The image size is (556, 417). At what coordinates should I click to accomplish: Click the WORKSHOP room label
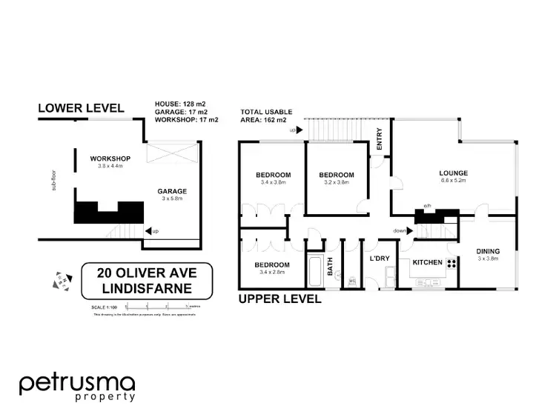click(110, 159)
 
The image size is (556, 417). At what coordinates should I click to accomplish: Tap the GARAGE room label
click(172, 190)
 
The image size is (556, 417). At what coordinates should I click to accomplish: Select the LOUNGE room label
click(453, 173)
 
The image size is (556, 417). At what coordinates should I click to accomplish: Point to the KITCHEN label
click(427, 262)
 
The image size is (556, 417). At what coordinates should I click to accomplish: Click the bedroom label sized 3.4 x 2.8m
click(271, 264)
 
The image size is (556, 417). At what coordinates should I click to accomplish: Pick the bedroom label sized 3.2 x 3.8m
click(336, 175)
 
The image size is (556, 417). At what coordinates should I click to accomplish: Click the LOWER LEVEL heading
click(82, 108)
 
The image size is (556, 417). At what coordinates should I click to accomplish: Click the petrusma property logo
click(77, 387)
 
